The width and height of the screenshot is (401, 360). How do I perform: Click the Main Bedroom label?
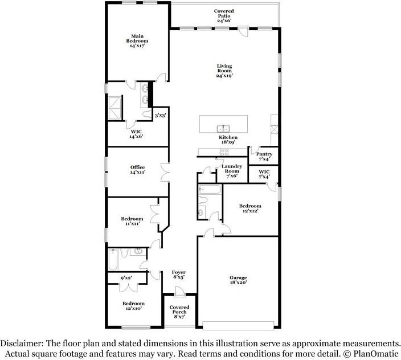[x=137, y=41]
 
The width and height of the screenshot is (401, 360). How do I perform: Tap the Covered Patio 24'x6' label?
[x=224, y=16]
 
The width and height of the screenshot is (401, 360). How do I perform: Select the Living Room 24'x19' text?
[x=224, y=71]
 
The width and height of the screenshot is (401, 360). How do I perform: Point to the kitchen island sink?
[x=223, y=128]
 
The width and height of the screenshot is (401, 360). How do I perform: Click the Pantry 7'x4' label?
[x=264, y=156]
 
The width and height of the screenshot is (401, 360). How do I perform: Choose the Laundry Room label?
[x=232, y=169]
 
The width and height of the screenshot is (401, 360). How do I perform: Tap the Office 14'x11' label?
[x=138, y=170]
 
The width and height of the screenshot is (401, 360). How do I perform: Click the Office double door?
[x=165, y=173]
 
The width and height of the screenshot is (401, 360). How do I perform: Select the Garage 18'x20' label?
[x=238, y=280]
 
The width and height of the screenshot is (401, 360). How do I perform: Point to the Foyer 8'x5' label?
[x=179, y=275]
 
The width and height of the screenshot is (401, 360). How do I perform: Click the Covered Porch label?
[x=179, y=310]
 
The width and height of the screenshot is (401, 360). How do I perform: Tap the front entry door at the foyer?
[x=179, y=292]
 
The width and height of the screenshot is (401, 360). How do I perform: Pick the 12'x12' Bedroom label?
[x=250, y=208]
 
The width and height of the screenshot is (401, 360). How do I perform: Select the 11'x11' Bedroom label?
[x=132, y=221]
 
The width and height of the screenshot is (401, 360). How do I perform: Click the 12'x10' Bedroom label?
[x=133, y=306]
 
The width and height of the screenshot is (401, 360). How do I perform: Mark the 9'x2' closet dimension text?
[x=126, y=277]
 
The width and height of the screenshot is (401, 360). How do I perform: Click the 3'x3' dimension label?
[x=161, y=116]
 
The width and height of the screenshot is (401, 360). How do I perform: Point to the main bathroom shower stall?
[x=114, y=108]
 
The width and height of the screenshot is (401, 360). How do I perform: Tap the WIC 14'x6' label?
[x=136, y=134]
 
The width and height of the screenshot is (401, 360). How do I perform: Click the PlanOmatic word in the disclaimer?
[x=376, y=354]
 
